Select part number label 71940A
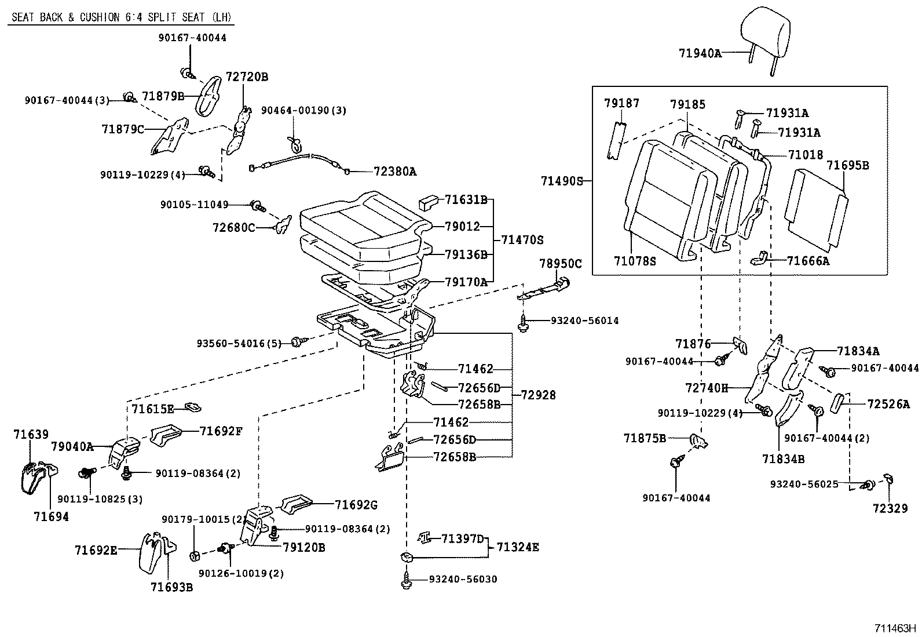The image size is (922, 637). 700,53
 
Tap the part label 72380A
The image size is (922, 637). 395,172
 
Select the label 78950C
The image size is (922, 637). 560,264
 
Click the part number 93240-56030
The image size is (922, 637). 463,579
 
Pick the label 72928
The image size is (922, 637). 538,395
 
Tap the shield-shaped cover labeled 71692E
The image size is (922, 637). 151,552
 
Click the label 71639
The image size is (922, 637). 31,434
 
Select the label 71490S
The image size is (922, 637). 562,181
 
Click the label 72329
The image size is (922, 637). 890,508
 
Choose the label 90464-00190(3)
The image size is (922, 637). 303,110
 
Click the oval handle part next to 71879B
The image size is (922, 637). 207,95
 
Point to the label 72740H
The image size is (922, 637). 707,388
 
